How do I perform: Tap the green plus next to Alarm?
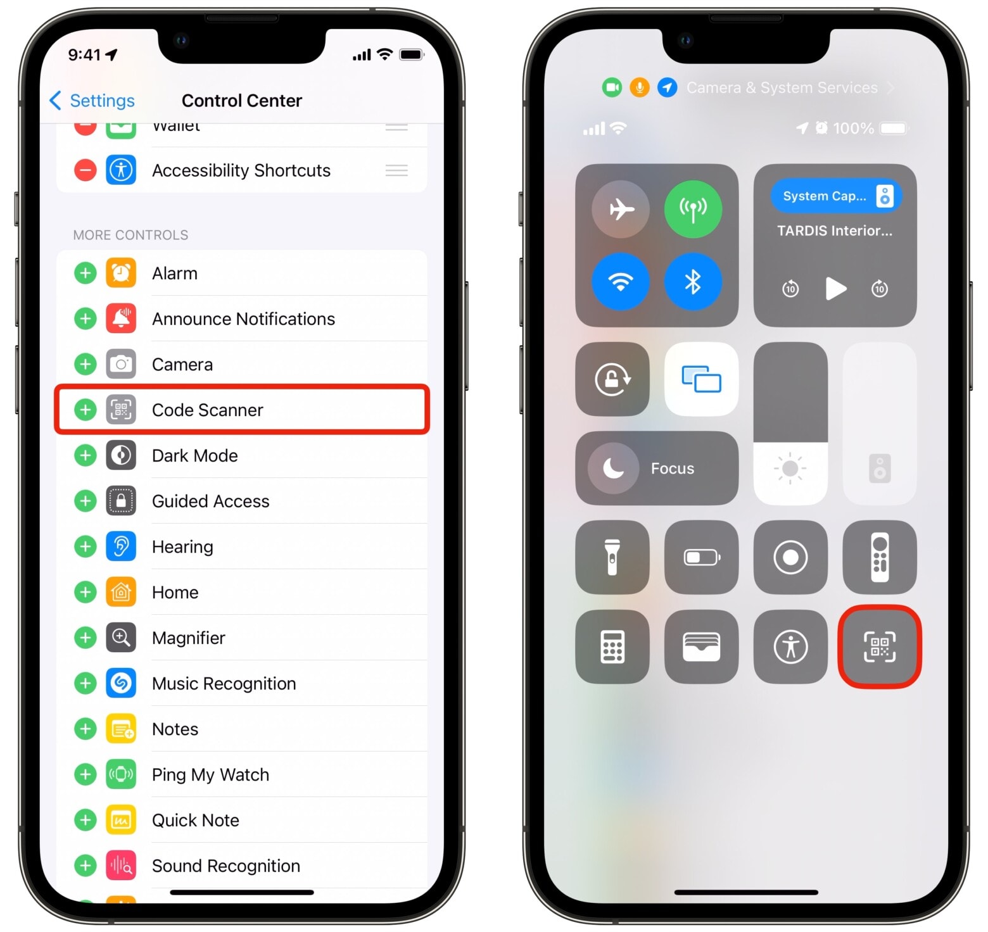(x=85, y=274)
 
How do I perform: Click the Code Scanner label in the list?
(x=207, y=410)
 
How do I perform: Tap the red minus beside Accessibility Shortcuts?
(x=85, y=170)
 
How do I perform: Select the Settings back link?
(x=92, y=101)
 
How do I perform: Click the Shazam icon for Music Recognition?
(x=121, y=683)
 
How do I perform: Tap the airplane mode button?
(x=621, y=209)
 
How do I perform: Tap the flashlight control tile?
(x=612, y=557)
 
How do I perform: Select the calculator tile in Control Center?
(x=612, y=646)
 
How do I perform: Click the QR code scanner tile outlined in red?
(x=879, y=646)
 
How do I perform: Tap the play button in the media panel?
(x=835, y=289)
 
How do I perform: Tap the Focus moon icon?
(x=612, y=469)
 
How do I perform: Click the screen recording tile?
(x=790, y=557)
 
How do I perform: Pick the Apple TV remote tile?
(x=879, y=557)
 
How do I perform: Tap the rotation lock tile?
(x=612, y=379)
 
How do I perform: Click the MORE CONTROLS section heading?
(x=130, y=235)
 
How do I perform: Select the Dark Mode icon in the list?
(x=121, y=455)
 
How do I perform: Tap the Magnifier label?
(x=188, y=638)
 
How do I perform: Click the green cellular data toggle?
(x=693, y=209)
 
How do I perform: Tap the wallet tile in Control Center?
(x=701, y=646)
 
